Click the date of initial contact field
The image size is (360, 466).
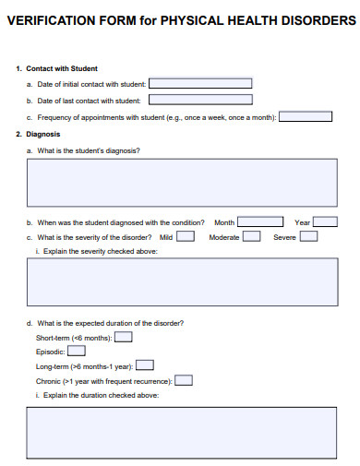pos(200,83)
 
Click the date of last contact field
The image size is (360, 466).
pos(200,100)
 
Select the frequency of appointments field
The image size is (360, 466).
pos(306,116)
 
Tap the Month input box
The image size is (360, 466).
pos(260,221)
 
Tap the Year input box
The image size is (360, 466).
pos(326,221)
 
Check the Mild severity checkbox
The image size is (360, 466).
pos(186,236)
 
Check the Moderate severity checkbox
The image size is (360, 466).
pos(252,236)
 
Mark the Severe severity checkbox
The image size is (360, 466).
pos(309,236)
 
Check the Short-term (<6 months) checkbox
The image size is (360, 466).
pos(123,337)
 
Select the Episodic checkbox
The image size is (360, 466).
pos(77,351)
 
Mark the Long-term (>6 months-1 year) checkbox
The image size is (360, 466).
pos(145,365)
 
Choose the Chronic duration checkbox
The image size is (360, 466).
pos(185,379)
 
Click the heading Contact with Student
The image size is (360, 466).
pos(62,67)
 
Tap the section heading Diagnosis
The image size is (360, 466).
pos(43,134)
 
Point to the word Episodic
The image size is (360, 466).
pos(50,352)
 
